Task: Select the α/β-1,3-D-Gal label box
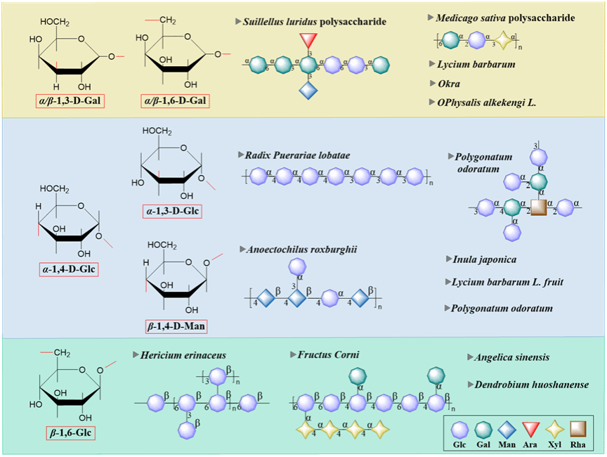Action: point(70,101)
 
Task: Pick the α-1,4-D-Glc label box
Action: point(69,269)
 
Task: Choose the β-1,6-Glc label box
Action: point(69,431)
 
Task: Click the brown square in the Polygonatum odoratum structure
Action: point(538,207)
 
